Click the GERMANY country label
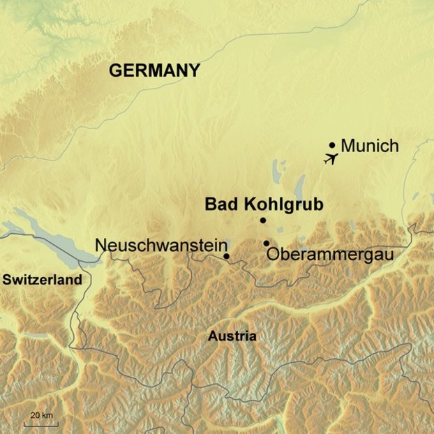tap(154, 70)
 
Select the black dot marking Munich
tap(332, 145)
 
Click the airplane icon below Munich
tap(331, 158)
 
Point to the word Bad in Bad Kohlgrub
tap(220, 204)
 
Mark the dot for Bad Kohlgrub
tap(263, 220)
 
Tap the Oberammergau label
tap(330, 255)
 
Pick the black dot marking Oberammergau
tap(267, 243)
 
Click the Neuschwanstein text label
tap(161, 246)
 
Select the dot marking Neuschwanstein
tap(227, 256)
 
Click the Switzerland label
tap(42, 280)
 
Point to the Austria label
tap(232, 336)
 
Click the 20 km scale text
tap(41, 416)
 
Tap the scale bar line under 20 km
tap(42, 424)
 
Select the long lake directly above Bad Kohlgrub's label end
tap(301, 186)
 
